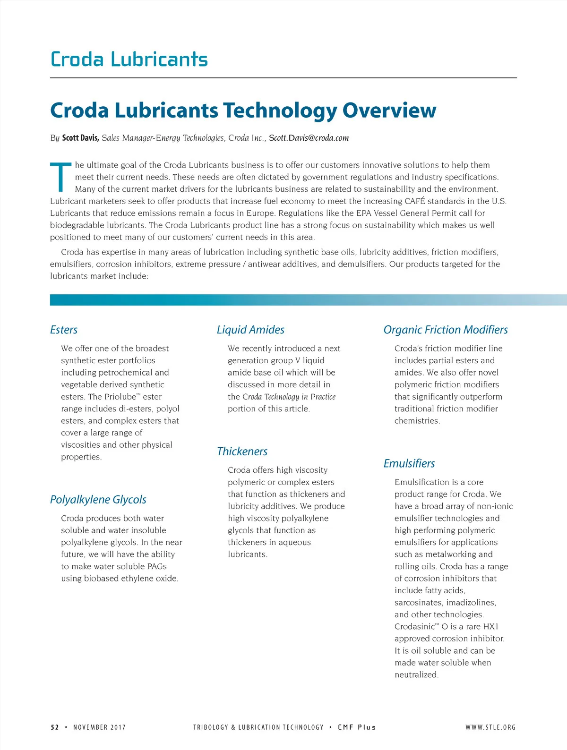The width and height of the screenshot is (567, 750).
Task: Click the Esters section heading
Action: [x=64, y=330]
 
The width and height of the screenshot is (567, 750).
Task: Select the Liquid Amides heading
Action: [x=250, y=330]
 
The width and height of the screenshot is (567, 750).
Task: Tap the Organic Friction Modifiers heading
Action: [x=445, y=330]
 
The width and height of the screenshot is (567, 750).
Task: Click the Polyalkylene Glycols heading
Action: [x=98, y=500]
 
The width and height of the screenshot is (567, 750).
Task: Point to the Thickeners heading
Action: [x=242, y=452]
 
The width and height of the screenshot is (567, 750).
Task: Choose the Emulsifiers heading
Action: [x=409, y=463]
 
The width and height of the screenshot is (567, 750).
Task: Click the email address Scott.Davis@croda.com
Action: [x=309, y=138]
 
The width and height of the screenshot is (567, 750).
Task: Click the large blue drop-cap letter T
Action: [x=61, y=177]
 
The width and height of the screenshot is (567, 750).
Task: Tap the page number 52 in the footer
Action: [x=55, y=727]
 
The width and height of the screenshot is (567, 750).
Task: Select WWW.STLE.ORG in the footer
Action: [x=490, y=727]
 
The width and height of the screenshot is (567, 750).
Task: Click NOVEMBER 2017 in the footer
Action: [x=99, y=727]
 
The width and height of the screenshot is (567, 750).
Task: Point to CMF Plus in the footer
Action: [x=357, y=727]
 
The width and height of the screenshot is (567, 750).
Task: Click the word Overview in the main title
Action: [x=389, y=110]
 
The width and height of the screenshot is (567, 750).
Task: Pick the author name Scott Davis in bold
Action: [x=80, y=138]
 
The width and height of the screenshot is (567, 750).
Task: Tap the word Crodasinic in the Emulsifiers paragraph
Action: [x=414, y=627]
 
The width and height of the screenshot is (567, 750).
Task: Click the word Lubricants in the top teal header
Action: [x=159, y=60]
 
